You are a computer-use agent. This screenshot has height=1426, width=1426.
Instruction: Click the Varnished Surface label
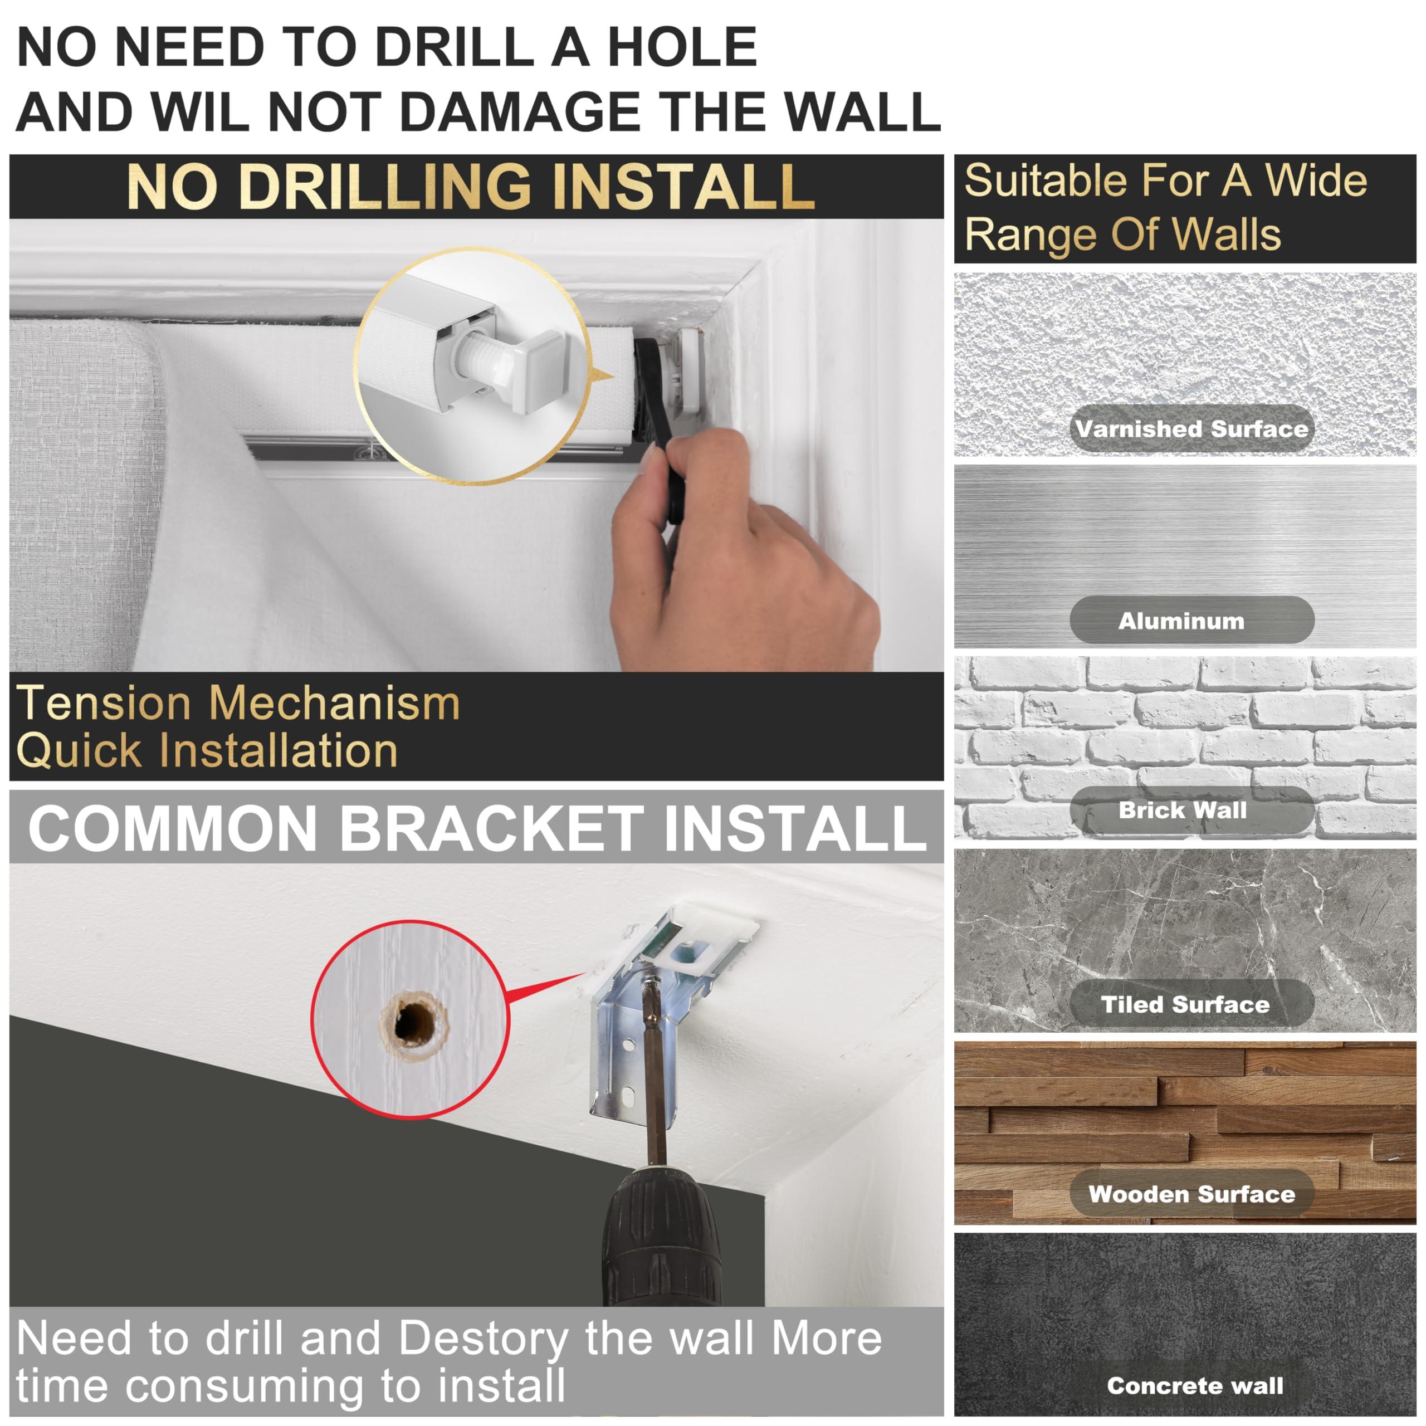tap(1191, 429)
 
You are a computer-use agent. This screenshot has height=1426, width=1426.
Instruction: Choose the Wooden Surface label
tap(1191, 1194)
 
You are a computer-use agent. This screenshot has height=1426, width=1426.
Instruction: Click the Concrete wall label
tap(1195, 1385)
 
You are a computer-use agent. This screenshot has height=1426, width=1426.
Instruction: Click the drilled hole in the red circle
tap(414, 1022)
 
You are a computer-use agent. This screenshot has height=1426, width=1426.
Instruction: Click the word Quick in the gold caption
tap(79, 751)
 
